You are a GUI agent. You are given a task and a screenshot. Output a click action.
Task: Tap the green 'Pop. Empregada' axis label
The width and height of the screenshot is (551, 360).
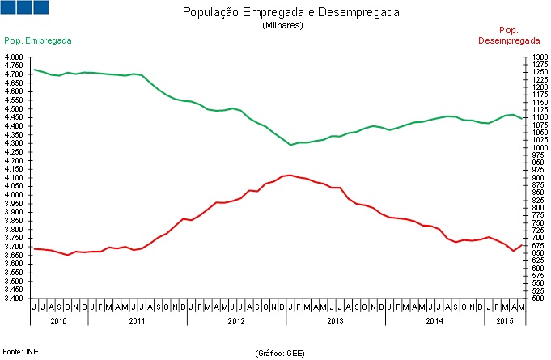(38, 40)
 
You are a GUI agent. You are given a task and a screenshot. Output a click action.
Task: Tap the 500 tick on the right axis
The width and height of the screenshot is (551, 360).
(537, 299)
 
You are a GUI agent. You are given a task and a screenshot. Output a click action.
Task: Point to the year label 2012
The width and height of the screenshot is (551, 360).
(236, 321)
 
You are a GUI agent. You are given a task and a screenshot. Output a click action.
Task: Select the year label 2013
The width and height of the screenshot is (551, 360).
(335, 321)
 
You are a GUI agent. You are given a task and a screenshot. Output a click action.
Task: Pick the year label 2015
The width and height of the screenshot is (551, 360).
(504, 321)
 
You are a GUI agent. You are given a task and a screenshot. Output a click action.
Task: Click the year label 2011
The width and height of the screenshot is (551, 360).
(138, 321)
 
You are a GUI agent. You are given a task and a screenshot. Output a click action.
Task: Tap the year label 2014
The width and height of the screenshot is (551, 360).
(434, 321)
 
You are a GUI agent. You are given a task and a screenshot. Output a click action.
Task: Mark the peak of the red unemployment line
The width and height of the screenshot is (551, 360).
(289, 175)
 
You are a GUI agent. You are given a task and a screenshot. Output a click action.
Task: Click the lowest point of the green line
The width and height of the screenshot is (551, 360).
(290, 145)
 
